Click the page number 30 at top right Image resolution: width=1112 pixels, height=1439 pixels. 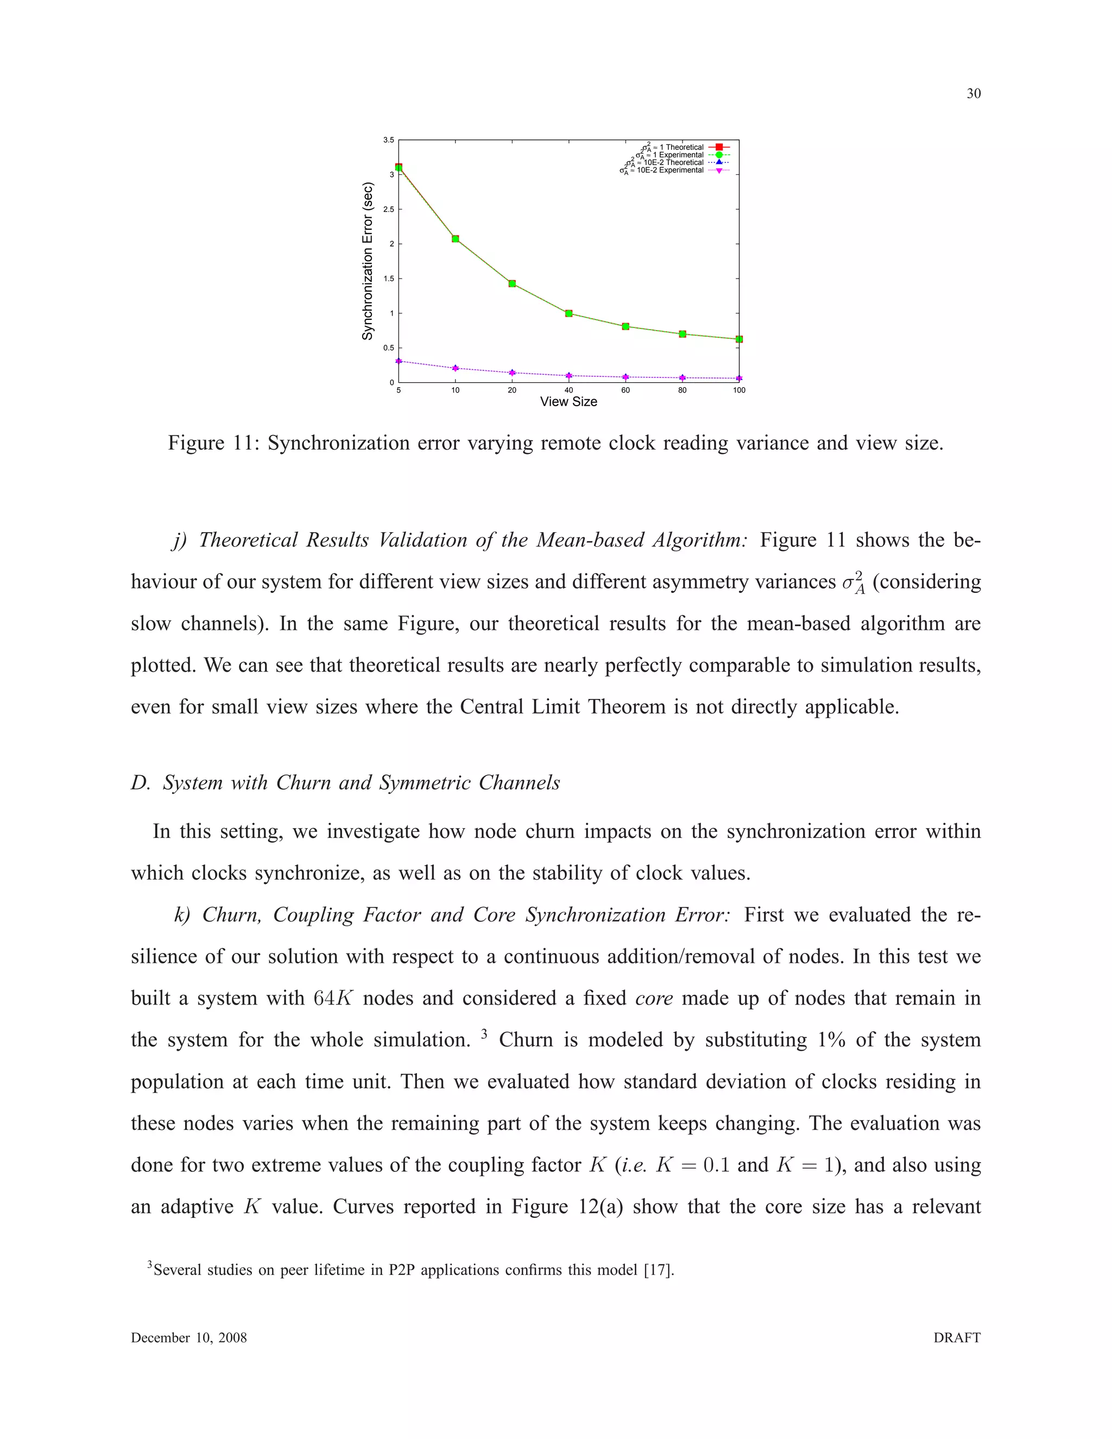(973, 93)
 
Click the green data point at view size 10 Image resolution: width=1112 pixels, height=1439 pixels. (455, 238)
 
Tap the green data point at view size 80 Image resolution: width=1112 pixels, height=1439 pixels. (683, 334)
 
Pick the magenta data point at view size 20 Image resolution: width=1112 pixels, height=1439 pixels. (512, 373)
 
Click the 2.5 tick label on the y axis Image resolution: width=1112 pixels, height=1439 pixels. (389, 210)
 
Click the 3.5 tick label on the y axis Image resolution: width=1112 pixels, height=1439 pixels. (389, 140)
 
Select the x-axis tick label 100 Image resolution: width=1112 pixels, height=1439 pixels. (739, 390)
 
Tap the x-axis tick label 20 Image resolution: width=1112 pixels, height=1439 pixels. (512, 390)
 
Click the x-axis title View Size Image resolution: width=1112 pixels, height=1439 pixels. (568, 402)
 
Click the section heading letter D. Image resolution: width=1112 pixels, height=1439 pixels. (140, 782)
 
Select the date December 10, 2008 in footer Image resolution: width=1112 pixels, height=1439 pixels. (188, 1337)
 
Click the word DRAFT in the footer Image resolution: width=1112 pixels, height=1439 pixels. (957, 1337)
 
